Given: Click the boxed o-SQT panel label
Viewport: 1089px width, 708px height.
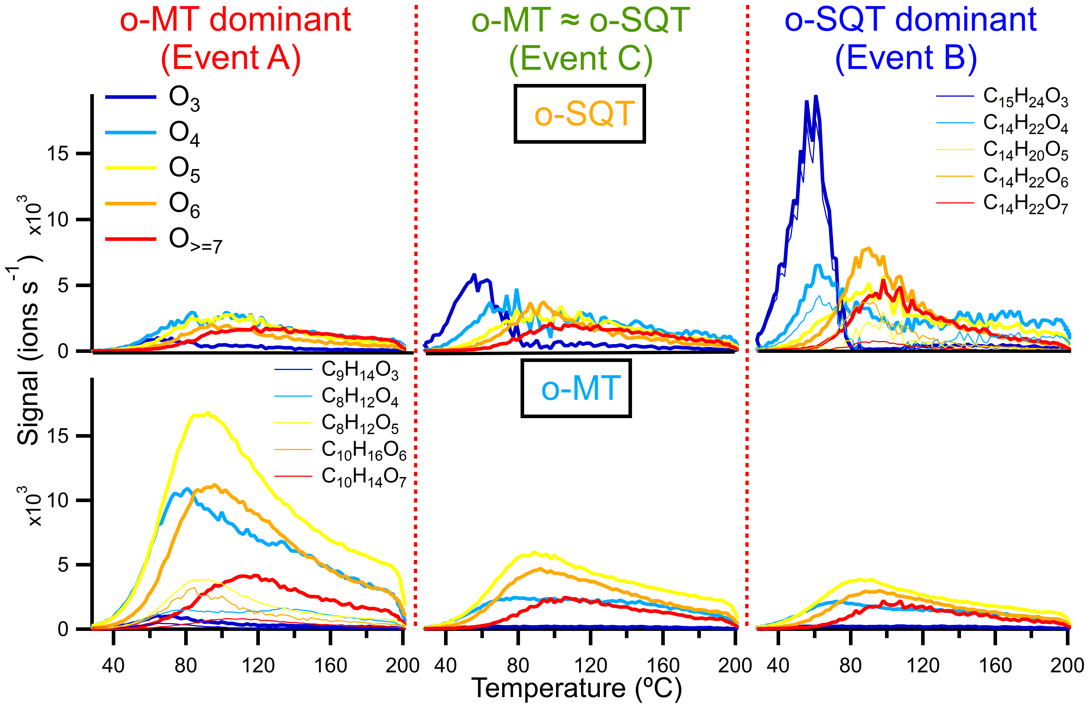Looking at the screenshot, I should tap(580, 114).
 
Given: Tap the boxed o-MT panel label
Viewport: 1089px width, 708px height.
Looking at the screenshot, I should tap(576, 389).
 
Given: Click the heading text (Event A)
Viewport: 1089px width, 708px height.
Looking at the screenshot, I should tap(231, 58).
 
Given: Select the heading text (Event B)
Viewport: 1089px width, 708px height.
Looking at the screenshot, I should tap(906, 58).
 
